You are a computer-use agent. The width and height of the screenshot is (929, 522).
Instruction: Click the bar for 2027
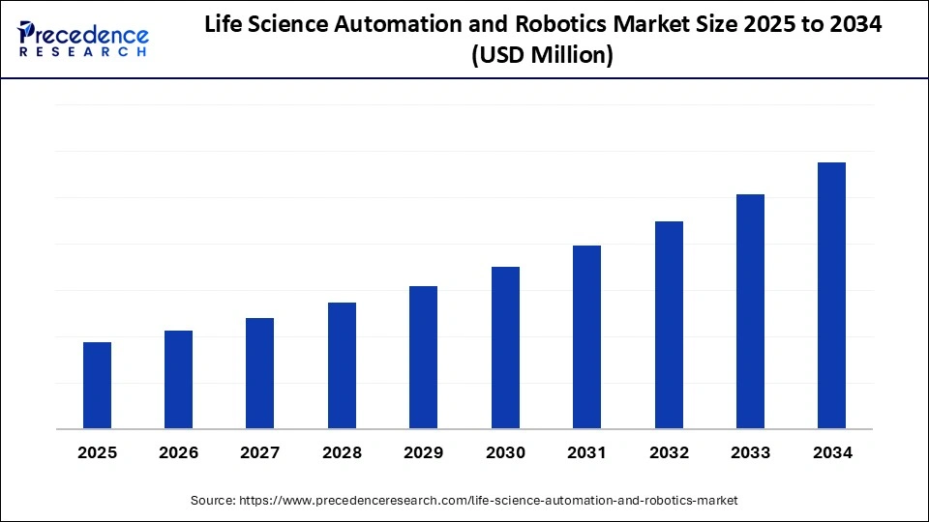tap(259, 373)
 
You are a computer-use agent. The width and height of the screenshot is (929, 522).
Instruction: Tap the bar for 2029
tap(423, 357)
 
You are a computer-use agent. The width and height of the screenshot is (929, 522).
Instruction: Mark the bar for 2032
tap(669, 325)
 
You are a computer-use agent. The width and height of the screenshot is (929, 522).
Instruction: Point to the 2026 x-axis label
tap(178, 452)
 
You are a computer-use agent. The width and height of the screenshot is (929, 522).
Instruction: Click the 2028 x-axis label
tap(342, 452)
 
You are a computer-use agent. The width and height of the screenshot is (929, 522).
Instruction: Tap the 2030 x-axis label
tap(505, 452)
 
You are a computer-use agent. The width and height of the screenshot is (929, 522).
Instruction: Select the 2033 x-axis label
tap(750, 452)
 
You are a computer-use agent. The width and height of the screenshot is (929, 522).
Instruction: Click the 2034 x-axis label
tap(831, 452)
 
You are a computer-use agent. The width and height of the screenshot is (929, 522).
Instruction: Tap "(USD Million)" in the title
tap(542, 56)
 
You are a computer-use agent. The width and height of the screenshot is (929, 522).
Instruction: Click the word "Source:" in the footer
tap(212, 500)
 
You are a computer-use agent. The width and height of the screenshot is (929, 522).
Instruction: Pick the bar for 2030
tap(505, 347)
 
